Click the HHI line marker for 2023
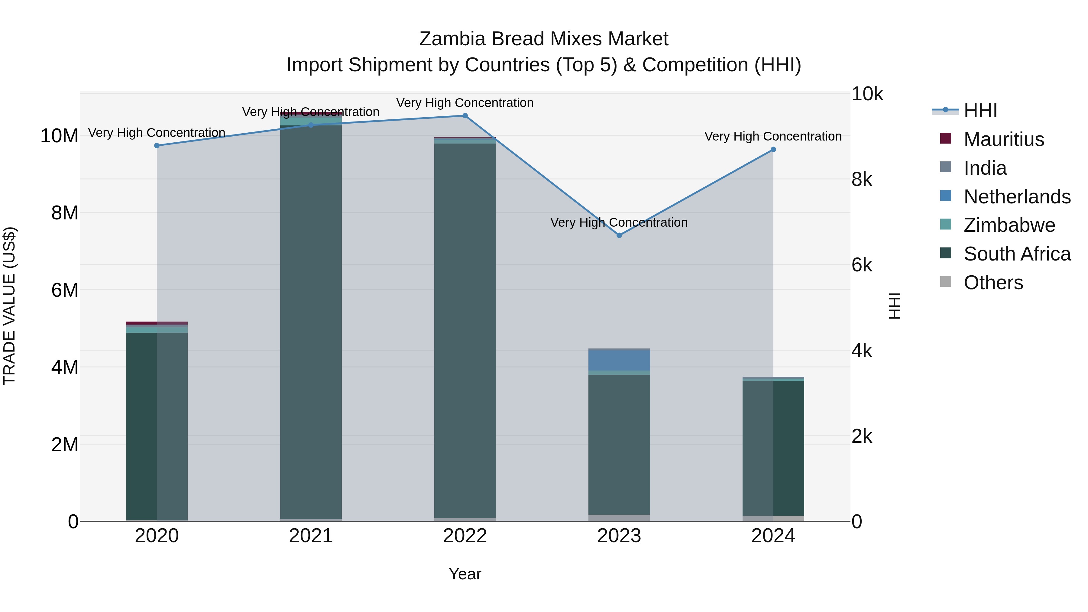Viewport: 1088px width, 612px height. pyautogui.click(x=619, y=235)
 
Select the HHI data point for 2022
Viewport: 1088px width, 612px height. pyautogui.click(x=465, y=116)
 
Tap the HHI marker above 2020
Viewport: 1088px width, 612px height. pyautogui.click(x=157, y=146)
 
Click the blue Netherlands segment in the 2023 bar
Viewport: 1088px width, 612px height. pyautogui.click(x=619, y=360)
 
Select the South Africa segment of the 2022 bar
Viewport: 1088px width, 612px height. pyautogui.click(x=465, y=329)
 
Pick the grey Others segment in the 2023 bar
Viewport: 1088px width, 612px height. pyautogui.click(x=619, y=518)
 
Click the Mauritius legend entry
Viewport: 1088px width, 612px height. pyautogui.click(x=1003, y=139)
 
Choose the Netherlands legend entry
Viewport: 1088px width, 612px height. pyautogui.click(x=1017, y=197)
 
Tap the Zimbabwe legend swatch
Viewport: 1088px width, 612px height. pyautogui.click(x=946, y=225)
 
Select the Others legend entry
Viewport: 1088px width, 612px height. pyautogui.click(x=993, y=283)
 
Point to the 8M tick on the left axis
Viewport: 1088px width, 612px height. pyautogui.click(x=65, y=213)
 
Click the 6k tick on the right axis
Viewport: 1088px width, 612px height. pyautogui.click(x=862, y=265)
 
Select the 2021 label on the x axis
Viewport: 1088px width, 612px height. pyautogui.click(x=311, y=536)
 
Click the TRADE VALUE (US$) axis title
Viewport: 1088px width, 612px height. pyautogui.click(x=9, y=306)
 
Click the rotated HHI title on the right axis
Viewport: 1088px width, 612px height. pyautogui.click(x=895, y=306)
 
